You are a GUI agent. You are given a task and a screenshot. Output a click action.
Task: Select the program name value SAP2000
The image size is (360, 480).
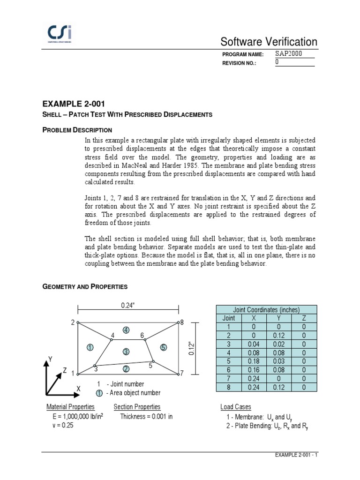289,54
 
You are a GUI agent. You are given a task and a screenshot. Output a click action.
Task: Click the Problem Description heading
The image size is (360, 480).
77,129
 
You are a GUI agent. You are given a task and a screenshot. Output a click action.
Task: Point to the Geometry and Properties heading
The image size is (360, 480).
85,286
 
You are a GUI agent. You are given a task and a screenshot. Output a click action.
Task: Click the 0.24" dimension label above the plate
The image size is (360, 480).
127,305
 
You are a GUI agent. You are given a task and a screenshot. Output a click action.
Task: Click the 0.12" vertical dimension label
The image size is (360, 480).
191,349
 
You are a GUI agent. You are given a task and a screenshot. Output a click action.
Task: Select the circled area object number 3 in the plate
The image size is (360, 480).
126,352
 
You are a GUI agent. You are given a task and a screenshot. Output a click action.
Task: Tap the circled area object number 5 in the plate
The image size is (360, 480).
163,347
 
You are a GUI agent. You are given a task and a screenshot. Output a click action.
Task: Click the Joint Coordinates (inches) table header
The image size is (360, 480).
266,309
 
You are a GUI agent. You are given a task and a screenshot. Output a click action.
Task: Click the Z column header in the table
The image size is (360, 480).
304,318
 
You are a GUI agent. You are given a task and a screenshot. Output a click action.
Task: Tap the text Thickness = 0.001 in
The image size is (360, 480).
146,416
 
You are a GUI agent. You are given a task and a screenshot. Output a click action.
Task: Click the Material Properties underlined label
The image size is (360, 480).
70,407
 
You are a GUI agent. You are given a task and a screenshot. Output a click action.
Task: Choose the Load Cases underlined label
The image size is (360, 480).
236,407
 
